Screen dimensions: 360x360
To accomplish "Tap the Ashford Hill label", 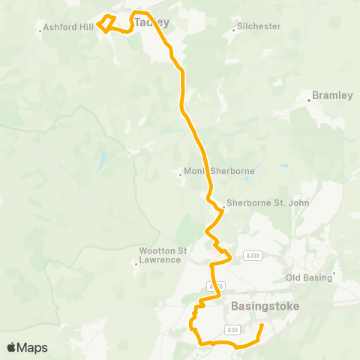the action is (x=69, y=27).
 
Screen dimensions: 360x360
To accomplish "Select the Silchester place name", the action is (x=259, y=26).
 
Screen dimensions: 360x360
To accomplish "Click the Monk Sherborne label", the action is (x=220, y=171).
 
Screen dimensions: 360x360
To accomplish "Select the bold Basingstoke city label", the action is (x=265, y=307).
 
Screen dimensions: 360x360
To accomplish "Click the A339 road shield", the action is (x=253, y=256).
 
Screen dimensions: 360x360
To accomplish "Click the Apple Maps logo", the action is (x=27, y=347).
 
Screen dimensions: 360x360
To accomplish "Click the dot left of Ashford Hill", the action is (x=40, y=31).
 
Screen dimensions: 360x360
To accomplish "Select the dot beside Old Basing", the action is (x=334, y=273).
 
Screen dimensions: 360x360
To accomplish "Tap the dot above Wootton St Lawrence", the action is (x=136, y=263).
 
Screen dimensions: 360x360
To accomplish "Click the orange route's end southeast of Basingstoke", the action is (x=261, y=326).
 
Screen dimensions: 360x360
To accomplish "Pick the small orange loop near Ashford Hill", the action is (x=106, y=23).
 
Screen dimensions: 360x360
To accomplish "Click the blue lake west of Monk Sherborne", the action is (x=100, y=160).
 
